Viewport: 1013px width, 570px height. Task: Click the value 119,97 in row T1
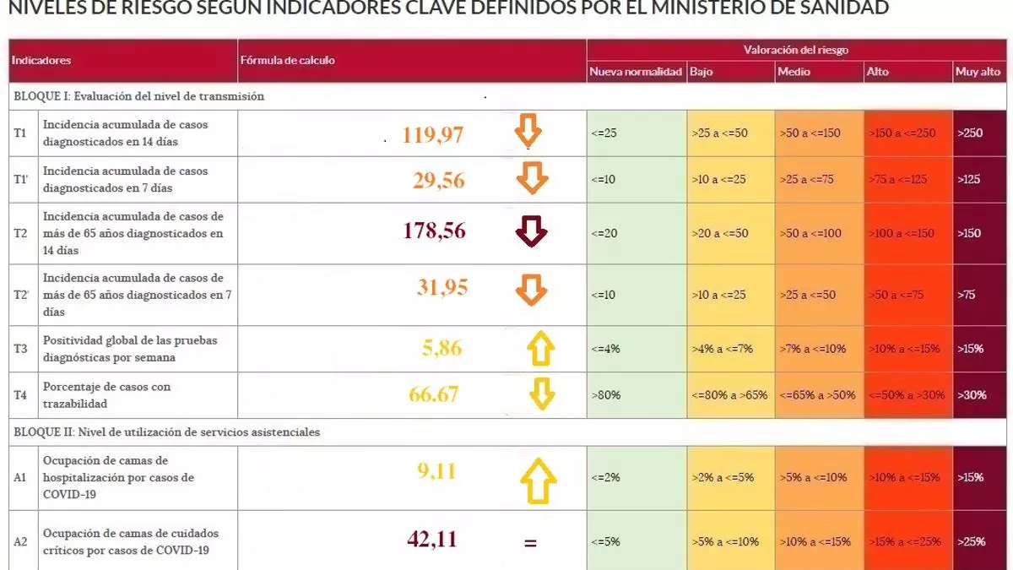pyautogui.click(x=433, y=134)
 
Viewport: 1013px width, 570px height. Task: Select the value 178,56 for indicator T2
pyautogui.click(x=434, y=231)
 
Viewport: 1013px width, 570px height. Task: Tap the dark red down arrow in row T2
pyautogui.click(x=532, y=232)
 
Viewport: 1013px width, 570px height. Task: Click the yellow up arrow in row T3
pyautogui.click(x=540, y=348)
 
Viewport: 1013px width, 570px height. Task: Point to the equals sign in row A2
pyautogui.click(x=530, y=543)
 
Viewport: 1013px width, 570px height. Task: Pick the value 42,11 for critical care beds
pyautogui.click(x=431, y=539)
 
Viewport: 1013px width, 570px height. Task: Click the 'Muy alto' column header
pyautogui.click(x=978, y=72)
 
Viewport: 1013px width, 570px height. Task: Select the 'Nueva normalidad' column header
pyautogui.click(x=636, y=72)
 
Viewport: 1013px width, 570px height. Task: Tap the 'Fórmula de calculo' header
pyautogui.click(x=288, y=61)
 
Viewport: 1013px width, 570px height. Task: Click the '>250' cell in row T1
pyautogui.click(x=970, y=133)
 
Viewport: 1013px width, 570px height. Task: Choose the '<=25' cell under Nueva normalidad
pyautogui.click(x=604, y=133)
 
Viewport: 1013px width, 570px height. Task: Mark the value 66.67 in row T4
pyautogui.click(x=434, y=394)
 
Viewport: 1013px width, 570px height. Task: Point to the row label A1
pyautogui.click(x=21, y=478)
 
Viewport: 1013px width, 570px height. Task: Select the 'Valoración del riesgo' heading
pyautogui.click(x=795, y=50)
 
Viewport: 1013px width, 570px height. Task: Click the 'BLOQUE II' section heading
pyautogui.click(x=167, y=432)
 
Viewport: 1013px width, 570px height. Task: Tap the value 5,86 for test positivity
pyautogui.click(x=441, y=348)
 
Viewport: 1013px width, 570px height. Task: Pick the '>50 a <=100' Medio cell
pyautogui.click(x=811, y=233)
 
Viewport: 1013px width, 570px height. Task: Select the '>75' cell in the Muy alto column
pyautogui.click(x=967, y=295)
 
